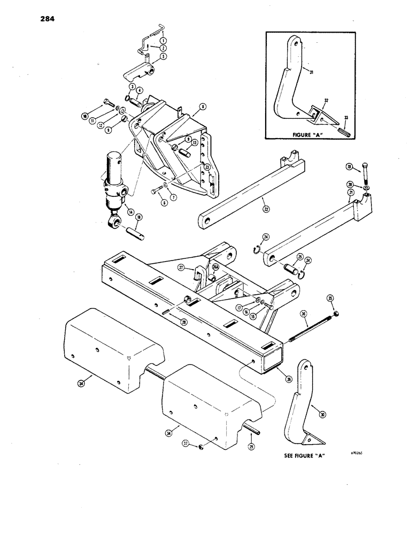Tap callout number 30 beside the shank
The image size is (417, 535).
tap(322, 414)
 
